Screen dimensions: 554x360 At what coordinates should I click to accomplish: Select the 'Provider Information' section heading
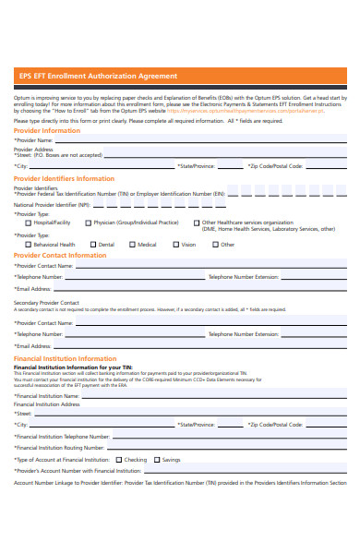47,131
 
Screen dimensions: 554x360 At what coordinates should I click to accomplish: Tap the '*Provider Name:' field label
33,140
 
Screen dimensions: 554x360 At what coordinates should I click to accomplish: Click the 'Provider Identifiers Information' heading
64,178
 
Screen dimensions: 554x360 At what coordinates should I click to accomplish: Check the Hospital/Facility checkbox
28,223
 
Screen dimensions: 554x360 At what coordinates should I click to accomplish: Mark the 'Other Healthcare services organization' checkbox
196,223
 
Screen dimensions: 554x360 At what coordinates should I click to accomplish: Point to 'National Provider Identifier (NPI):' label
51,205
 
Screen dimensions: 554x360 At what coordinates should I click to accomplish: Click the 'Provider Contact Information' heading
60,256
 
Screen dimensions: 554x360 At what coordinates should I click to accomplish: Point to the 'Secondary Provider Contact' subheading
46,303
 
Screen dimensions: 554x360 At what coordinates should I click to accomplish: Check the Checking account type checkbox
118,459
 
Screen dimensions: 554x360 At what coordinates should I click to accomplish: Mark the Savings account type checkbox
157,459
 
